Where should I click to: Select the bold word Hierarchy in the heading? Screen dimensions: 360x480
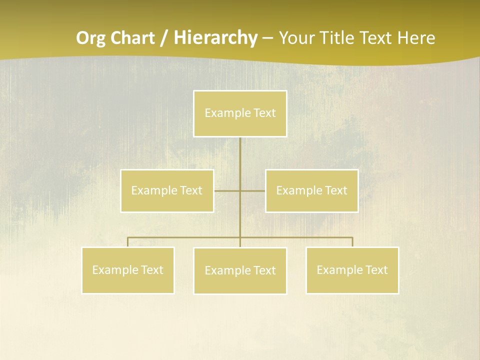tap(215, 38)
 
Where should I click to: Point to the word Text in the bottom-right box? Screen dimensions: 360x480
tap(376, 270)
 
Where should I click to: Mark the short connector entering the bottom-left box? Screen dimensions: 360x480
tap(127, 242)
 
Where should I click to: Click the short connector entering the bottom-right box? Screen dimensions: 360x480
tap(352, 242)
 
